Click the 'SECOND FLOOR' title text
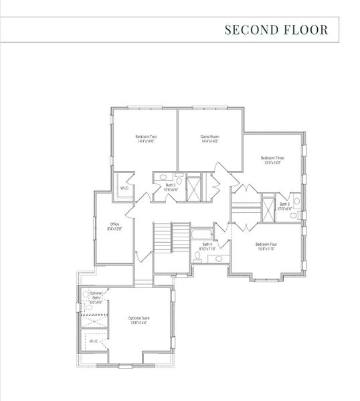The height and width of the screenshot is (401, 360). coord(276,30)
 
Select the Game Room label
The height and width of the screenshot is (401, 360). coord(209,136)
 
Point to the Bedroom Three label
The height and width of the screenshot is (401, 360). coord(272,158)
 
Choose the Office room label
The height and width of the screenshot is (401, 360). coord(114,224)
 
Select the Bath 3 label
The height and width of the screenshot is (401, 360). coord(284,204)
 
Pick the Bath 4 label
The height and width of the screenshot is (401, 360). coord(207,245)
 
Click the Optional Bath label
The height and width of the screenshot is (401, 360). coord(96,294)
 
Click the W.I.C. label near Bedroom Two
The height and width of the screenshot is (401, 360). coord(124,188)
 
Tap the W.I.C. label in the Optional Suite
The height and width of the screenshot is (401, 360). coord(94,342)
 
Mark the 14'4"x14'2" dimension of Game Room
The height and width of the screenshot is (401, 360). coord(209,141)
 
